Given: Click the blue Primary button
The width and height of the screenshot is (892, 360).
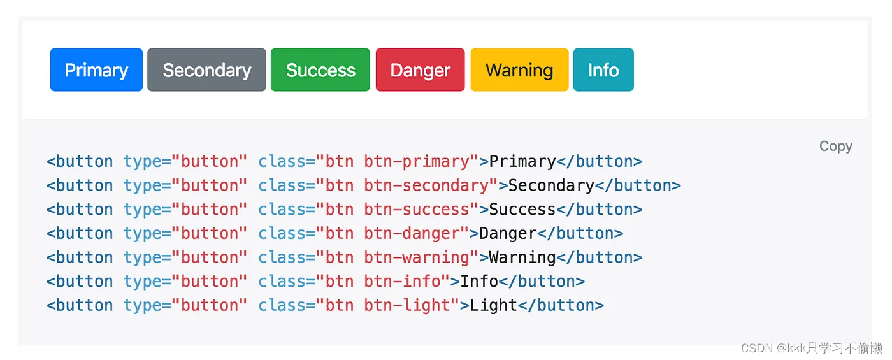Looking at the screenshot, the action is tap(96, 70).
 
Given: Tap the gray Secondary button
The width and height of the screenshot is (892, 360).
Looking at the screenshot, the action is tap(206, 70).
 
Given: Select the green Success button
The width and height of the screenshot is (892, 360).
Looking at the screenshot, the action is tap(320, 70).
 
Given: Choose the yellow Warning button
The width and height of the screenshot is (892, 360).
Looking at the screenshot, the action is tap(519, 70).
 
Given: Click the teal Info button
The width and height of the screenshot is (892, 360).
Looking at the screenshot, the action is tap(603, 70).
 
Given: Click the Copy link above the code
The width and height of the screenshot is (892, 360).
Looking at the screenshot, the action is tap(836, 147).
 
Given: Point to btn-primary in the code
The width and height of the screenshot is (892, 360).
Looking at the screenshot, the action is tap(417, 162).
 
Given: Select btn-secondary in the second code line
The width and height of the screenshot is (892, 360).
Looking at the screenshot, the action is tap(426, 185).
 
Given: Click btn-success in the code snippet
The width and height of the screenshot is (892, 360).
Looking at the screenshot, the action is tap(417, 210).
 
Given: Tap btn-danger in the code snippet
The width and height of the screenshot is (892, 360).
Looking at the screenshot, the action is tap(412, 233).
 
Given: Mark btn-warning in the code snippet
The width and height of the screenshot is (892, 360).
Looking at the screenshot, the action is tap(417, 257).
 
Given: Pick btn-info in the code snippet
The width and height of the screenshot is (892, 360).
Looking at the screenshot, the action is tap(402, 282).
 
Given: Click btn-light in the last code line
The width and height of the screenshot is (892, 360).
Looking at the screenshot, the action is tap(407, 305).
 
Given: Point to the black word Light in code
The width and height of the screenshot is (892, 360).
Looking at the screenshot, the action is tap(493, 305).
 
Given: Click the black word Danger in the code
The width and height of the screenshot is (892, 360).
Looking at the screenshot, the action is tap(508, 233).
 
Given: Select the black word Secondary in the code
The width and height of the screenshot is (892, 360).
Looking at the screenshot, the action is tap(551, 185).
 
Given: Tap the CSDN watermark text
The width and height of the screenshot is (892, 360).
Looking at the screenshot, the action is tap(812, 348).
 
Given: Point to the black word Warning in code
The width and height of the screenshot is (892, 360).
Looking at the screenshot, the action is tap(522, 257).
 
